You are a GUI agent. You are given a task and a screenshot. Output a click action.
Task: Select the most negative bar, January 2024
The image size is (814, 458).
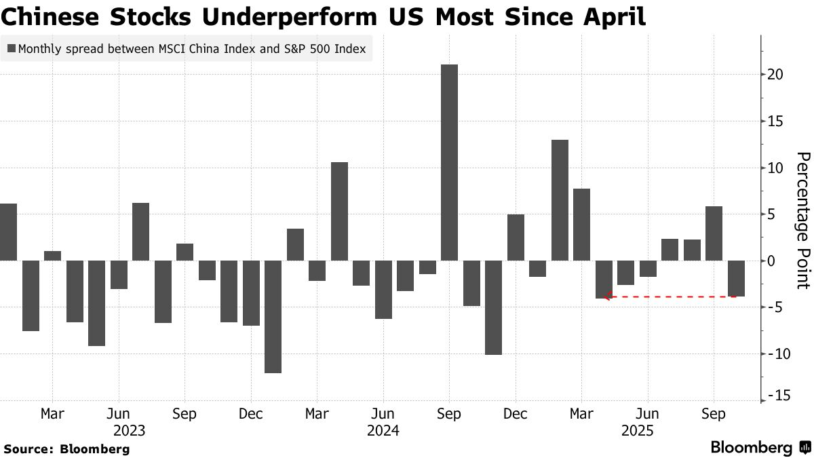tap(273, 316)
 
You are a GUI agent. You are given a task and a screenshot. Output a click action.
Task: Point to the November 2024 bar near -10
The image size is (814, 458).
tap(493, 307)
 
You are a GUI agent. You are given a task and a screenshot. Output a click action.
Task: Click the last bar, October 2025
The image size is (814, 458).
tap(736, 278)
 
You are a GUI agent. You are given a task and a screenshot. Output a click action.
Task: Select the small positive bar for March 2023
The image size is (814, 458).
tap(52, 256)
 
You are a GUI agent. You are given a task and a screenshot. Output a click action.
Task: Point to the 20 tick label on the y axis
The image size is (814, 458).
tap(776, 75)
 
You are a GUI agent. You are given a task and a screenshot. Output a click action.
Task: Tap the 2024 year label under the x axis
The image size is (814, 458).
tap(383, 430)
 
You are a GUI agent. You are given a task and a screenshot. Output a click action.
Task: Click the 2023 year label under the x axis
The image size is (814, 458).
tap(129, 430)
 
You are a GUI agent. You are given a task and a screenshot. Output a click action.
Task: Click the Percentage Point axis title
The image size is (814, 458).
tap(802, 220)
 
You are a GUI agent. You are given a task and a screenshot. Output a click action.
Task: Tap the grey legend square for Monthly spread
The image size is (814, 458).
tap(12, 49)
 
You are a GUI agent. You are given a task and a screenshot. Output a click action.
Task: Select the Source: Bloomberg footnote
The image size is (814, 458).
tap(66, 449)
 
